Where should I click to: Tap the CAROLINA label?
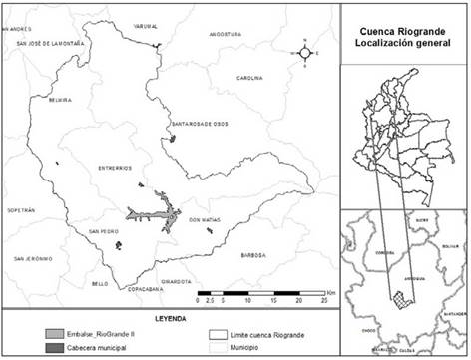249,78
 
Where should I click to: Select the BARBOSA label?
251,255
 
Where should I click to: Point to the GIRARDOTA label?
175,282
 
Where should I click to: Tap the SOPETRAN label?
20,211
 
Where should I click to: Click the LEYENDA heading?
169,317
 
